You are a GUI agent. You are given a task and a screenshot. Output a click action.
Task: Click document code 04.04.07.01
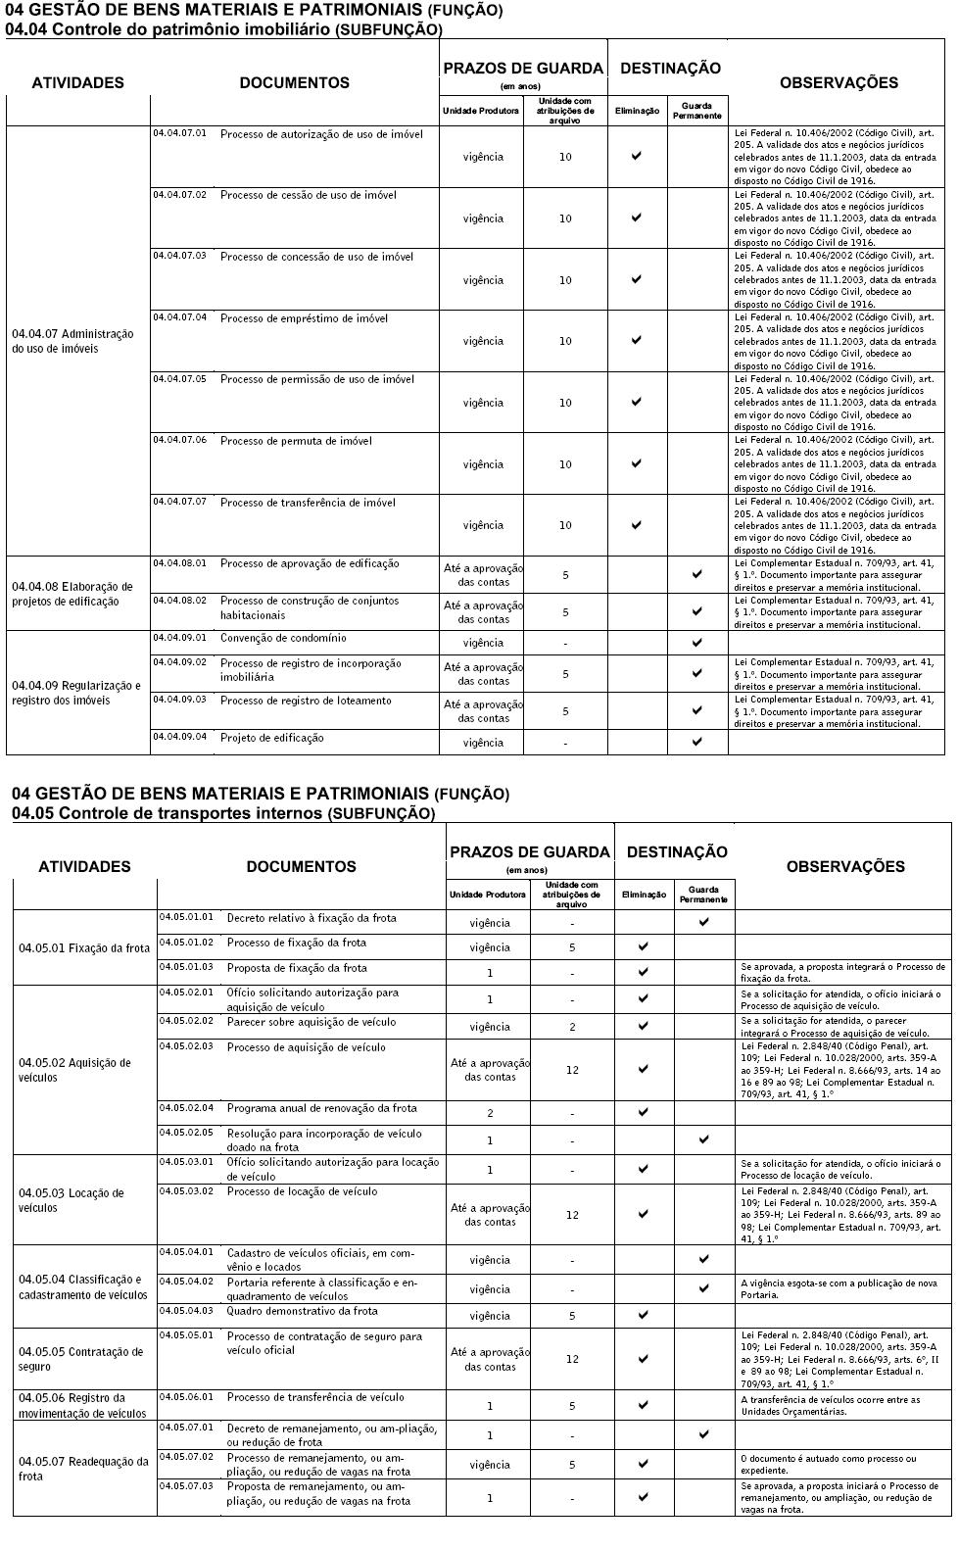click(x=179, y=132)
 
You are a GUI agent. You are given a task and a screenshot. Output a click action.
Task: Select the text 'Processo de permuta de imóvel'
click(x=296, y=441)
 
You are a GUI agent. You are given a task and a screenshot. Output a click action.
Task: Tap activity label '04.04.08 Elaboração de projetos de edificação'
click(x=72, y=594)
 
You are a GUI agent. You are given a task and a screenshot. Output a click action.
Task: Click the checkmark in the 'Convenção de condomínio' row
click(x=696, y=643)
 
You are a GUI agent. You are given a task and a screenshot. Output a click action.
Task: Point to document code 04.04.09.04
click(x=179, y=736)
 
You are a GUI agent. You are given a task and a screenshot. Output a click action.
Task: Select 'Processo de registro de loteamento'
click(x=306, y=701)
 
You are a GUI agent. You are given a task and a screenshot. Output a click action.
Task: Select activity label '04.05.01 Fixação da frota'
click(x=84, y=948)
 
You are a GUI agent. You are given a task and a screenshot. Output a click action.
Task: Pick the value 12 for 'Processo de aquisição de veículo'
click(x=572, y=1070)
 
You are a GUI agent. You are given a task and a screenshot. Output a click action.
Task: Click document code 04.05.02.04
click(x=186, y=1108)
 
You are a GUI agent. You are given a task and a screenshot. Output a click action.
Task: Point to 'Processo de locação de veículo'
click(x=302, y=1191)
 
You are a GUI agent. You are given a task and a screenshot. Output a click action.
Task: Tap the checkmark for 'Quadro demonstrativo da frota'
click(x=644, y=1315)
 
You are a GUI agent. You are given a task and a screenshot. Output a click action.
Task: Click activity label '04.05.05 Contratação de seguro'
click(x=80, y=1359)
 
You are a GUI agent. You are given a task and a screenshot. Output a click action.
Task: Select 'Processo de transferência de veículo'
click(x=315, y=1397)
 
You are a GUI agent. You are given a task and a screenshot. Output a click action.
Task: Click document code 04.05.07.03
click(x=186, y=1485)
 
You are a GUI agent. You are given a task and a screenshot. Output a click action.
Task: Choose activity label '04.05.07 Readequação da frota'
click(x=83, y=1469)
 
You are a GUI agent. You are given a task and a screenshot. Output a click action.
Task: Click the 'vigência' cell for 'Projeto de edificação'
click(x=484, y=743)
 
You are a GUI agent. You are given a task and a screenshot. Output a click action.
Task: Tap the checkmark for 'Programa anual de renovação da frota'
click(x=644, y=1112)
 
